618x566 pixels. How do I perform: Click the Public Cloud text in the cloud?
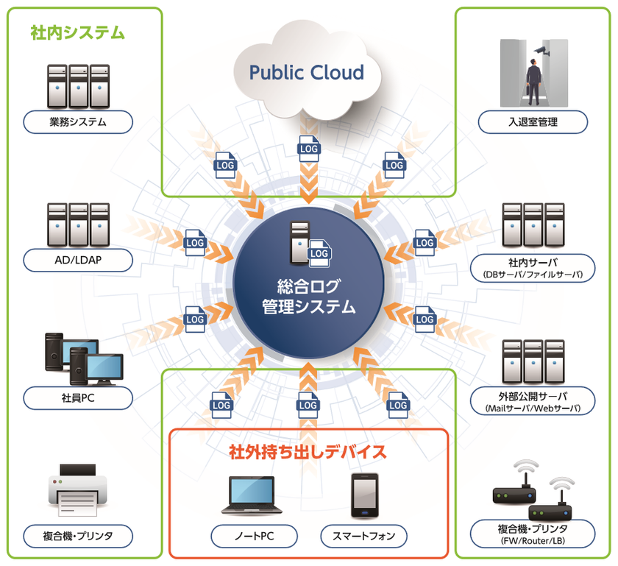pyautogui.click(x=306, y=72)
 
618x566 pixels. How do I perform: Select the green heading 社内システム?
pyautogui.click(x=77, y=33)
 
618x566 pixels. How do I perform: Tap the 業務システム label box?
pyautogui.click(x=78, y=122)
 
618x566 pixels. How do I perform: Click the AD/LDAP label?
pyautogui.click(x=78, y=260)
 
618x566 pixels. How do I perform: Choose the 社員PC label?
pyautogui.click(x=78, y=398)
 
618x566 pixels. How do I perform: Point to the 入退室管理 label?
pyautogui.click(x=533, y=122)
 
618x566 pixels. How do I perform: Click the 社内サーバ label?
pyautogui.click(x=533, y=261)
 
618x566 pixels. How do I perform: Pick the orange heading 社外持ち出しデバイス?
pyautogui.click(x=308, y=448)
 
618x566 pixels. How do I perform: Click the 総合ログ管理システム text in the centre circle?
pyautogui.click(x=308, y=297)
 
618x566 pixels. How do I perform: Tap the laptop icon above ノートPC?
pyautogui.click(x=252, y=495)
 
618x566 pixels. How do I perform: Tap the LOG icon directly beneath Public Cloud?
pyautogui.click(x=308, y=148)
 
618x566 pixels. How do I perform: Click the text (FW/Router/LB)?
pyautogui.click(x=533, y=542)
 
